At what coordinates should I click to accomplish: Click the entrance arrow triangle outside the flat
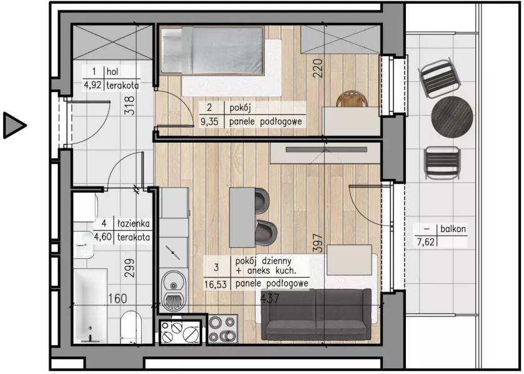click(13, 126)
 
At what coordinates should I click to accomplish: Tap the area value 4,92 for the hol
click(92, 85)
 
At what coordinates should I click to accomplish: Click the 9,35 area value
click(209, 121)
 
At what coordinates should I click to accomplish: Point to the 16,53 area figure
click(215, 285)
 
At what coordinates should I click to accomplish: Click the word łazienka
click(133, 223)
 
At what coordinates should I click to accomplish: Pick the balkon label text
click(453, 229)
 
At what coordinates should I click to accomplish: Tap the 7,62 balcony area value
click(426, 241)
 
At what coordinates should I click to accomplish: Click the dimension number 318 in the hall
click(129, 106)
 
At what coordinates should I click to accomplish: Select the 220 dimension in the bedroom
click(318, 68)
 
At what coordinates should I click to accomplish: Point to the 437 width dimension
click(269, 298)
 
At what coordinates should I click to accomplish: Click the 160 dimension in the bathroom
click(117, 298)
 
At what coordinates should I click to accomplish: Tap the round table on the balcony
click(452, 117)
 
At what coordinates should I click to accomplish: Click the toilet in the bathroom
click(131, 327)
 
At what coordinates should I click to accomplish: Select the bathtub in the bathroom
click(90, 306)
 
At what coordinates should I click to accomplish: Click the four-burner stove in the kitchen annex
click(222, 329)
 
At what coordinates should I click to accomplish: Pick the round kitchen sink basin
click(173, 285)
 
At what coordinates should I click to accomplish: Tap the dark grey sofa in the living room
click(316, 315)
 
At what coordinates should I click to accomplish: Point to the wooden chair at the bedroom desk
click(352, 99)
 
